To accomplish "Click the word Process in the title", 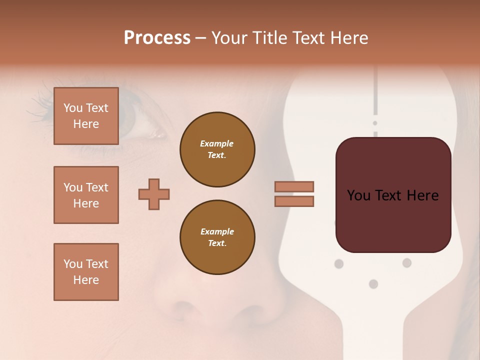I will click(x=157, y=38).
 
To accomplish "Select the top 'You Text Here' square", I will click(x=86, y=116).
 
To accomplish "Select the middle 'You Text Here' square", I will click(x=86, y=195).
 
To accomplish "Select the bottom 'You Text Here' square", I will click(x=86, y=272).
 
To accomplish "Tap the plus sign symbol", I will click(x=154, y=194).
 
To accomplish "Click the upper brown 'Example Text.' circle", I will click(x=217, y=149).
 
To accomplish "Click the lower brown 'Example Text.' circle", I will click(x=217, y=237).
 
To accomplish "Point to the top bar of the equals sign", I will click(x=294, y=186).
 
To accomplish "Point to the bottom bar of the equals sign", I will click(x=294, y=201).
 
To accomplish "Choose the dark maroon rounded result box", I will click(x=393, y=195).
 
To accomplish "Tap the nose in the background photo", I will click(x=210, y=305).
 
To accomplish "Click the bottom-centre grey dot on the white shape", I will click(x=373, y=284).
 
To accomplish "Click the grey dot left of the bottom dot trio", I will click(x=339, y=263).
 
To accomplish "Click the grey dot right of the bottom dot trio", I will click(x=407, y=262).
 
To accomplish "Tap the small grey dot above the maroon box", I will click(x=375, y=123).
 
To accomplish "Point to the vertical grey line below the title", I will click(x=375, y=90).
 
